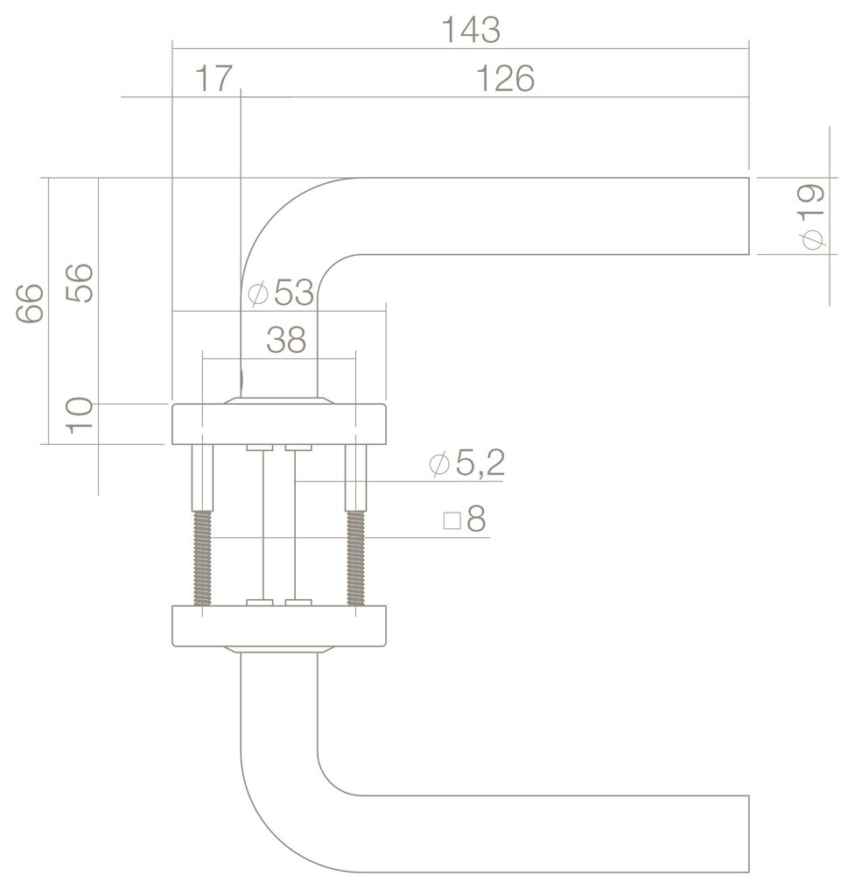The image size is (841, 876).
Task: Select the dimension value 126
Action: point(505,80)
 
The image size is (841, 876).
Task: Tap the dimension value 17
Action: point(214,80)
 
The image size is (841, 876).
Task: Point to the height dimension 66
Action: point(31,302)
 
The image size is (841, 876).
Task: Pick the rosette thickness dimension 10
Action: point(80,415)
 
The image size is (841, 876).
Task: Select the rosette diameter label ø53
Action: point(280,294)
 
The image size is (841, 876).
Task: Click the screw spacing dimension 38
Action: point(286,341)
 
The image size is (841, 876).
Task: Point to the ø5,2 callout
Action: point(466,464)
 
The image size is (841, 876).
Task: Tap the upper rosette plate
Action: point(278,422)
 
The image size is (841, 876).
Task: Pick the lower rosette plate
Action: point(278,626)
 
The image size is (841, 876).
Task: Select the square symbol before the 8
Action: point(452,522)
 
